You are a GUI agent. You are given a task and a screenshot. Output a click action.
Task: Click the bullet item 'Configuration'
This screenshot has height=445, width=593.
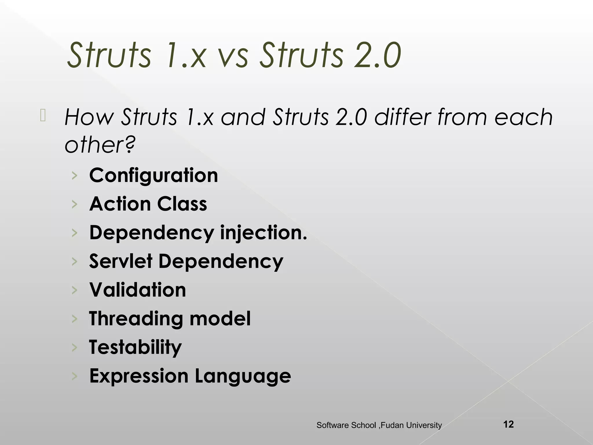[153, 175]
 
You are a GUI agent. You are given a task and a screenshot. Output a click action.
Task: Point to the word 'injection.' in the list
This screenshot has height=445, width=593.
[263, 233]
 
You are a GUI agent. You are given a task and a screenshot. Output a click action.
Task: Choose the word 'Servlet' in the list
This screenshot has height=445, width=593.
[121, 261]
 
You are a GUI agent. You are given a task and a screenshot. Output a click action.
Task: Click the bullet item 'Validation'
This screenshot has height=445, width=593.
[138, 290]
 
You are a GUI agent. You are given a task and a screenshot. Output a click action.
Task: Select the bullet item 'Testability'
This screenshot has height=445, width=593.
[135, 347]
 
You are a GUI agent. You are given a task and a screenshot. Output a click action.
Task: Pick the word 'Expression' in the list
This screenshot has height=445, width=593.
[139, 376]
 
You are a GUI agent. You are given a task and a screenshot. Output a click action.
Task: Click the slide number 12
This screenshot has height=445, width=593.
[508, 424]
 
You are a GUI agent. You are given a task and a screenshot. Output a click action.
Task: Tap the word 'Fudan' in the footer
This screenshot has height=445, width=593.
[392, 425]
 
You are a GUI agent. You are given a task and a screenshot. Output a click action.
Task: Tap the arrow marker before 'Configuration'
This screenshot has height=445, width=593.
[75, 176]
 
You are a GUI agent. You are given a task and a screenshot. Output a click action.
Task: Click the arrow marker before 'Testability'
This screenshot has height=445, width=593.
[75, 347]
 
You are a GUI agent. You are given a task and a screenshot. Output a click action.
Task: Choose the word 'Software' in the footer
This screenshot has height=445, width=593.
[332, 425]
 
